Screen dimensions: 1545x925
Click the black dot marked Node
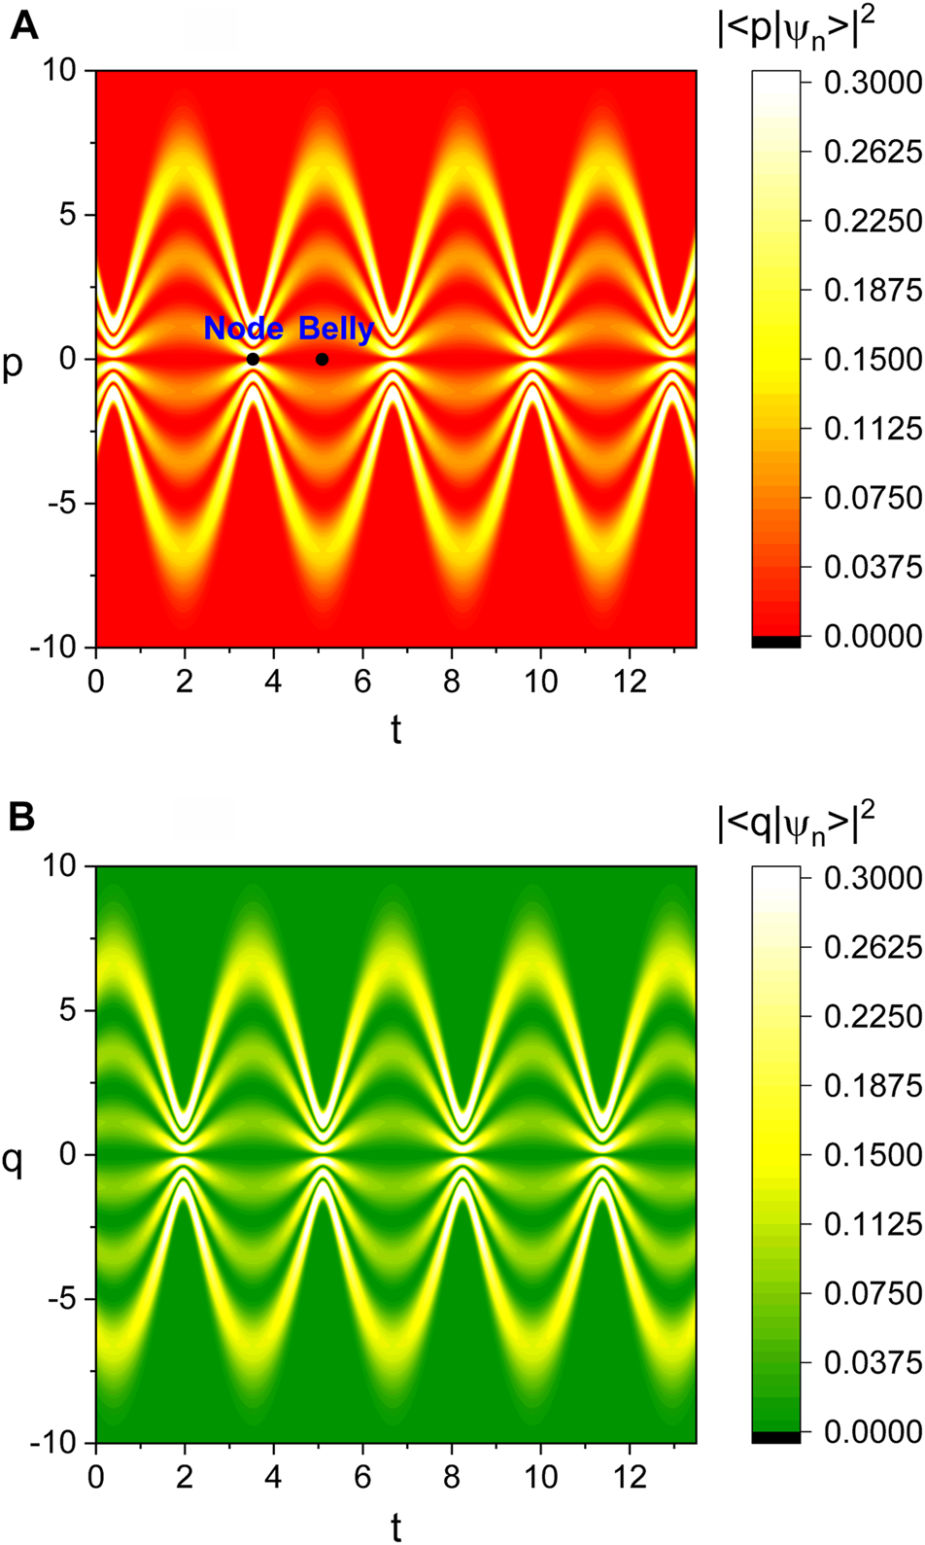click(253, 359)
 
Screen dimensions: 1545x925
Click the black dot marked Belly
click(322, 359)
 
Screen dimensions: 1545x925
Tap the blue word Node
click(243, 329)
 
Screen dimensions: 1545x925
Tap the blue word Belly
click(335, 330)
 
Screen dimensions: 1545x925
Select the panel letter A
click(23, 24)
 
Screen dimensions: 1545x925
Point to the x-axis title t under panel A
click(395, 729)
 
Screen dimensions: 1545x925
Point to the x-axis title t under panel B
click(395, 1527)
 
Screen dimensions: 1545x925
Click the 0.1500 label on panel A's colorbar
click(873, 359)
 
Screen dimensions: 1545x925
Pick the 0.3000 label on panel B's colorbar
click(873, 877)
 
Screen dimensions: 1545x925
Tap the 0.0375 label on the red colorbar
click(873, 566)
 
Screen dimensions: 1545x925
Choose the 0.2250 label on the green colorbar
click(873, 1016)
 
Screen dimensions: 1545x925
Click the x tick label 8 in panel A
click(451, 681)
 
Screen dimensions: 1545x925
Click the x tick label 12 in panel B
click(630, 1477)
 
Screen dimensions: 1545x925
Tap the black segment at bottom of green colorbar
click(775, 1436)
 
